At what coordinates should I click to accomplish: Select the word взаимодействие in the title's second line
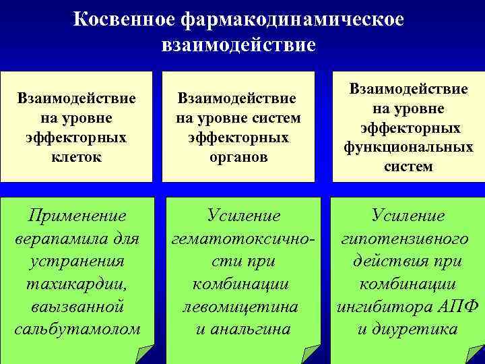click(x=238, y=45)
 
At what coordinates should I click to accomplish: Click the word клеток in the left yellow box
click(x=78, y=157)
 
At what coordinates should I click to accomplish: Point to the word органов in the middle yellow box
click(x=238, y=157)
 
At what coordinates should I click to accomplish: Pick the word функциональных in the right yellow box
click(x=408, y=147)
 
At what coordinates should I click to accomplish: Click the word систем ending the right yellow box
click(x=408, y=166)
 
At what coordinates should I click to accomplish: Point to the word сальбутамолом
click(x=77, y=330)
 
